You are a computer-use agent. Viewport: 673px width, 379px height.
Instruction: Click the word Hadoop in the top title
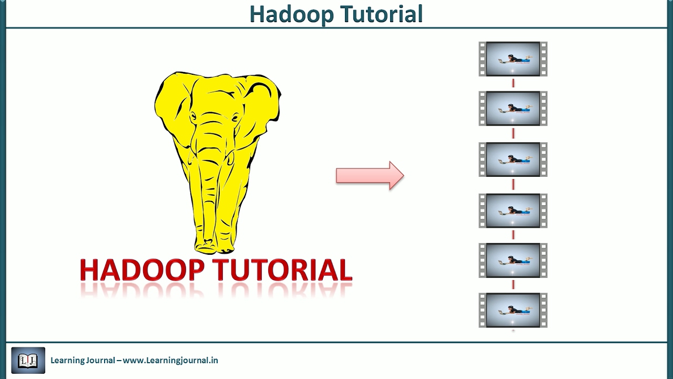[x=291, y=14]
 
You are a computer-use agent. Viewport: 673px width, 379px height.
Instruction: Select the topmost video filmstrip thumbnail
[x=513, y=59]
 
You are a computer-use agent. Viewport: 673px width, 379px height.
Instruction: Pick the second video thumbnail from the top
[x=513, y=108]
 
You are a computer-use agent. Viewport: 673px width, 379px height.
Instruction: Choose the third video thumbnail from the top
[x=513, y=159]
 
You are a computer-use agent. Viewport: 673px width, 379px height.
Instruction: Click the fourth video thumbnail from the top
[x=513, y=211]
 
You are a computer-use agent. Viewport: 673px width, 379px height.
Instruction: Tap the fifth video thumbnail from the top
[x=513, y=260]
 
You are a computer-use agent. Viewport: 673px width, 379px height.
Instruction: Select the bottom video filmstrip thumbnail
[x=513, y=310]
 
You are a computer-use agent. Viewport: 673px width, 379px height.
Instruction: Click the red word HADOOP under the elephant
[x=142, y=270]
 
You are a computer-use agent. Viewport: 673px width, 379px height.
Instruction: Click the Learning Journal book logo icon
[x=28, y=361]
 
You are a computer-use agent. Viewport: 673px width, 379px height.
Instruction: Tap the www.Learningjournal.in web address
[x=170, y=361]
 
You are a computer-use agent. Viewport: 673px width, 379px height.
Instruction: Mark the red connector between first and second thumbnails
[x=513, y=83]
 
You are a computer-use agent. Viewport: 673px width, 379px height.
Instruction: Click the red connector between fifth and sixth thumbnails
[x=513, y=285]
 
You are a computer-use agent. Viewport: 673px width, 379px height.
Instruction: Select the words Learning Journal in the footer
[x=83, y=361]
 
